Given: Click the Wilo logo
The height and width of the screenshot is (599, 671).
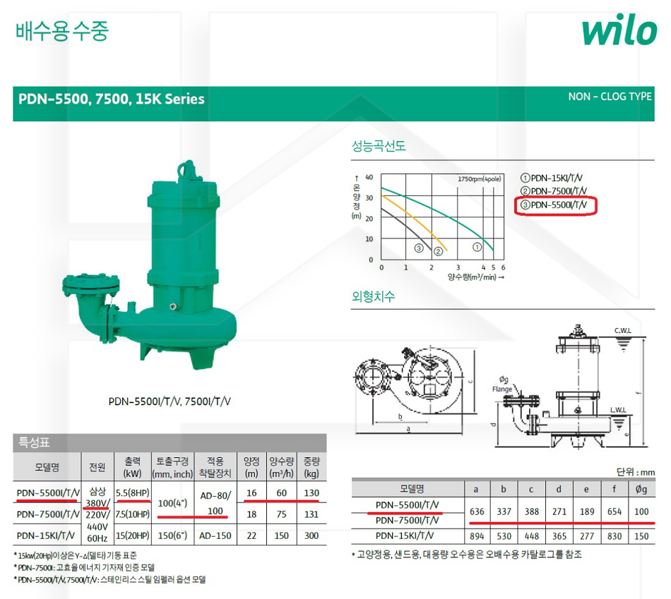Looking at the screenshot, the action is tap(619, 29).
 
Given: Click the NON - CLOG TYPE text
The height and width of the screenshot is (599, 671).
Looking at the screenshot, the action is tap(610, 97).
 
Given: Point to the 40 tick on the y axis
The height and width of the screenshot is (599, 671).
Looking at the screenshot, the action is tap(369, 177).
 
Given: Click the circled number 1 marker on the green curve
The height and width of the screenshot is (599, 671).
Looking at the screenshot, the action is tap(477, 247).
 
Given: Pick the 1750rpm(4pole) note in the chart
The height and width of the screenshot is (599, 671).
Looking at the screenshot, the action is tap(479, 179).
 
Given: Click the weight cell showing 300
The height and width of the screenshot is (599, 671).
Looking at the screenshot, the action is tap(311, 536).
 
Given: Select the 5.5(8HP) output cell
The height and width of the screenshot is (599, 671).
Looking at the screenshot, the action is tap(133, 492).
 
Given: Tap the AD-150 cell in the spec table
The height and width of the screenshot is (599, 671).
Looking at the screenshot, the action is tap(215, 536).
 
